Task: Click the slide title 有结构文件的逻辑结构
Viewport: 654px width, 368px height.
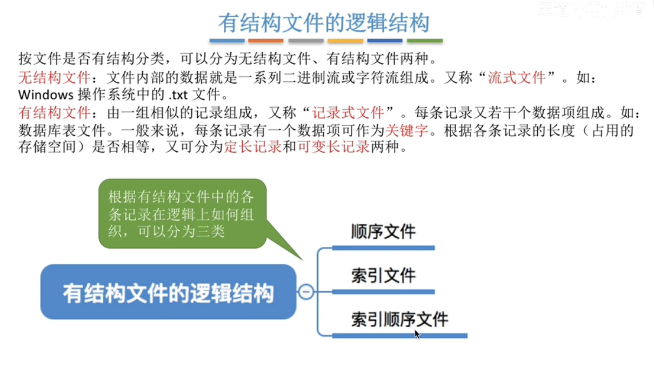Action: pyautogui.click(x=324, y=23)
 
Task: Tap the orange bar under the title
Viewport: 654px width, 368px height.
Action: pyautogui.click(x=265, y=41)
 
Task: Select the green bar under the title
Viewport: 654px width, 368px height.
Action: pyautogui.click(x=424, y=41)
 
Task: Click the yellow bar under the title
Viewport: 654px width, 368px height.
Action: pyautogui.click(x=345, y=41)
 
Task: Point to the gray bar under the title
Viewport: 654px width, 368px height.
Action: pyautogui.click(x=305, y=41)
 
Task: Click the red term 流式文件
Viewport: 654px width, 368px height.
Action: pyautogui.click(x=517, y=77)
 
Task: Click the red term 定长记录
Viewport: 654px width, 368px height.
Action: pyautogui.click(x=252, y=147)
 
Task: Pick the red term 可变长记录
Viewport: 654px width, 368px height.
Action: pyautogui.click(x=333, y=147)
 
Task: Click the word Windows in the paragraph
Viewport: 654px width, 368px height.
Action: pyautogui.click(x=45, y=95)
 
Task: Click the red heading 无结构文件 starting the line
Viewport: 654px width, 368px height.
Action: pyautogui.click(x=54, y=77)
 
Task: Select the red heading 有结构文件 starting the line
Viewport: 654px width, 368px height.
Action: pyautogui.click(x=54, y=112)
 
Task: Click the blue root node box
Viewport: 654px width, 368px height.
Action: pyautogui.click(x=168, y=292)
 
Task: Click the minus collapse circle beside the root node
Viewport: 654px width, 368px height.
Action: pyautogui.click(x=306, y=292)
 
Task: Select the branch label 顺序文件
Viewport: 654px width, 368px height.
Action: pyautogui.click(x=383, y=231)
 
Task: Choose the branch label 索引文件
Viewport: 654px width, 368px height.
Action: pyautogui.click(x=383, y=276)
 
